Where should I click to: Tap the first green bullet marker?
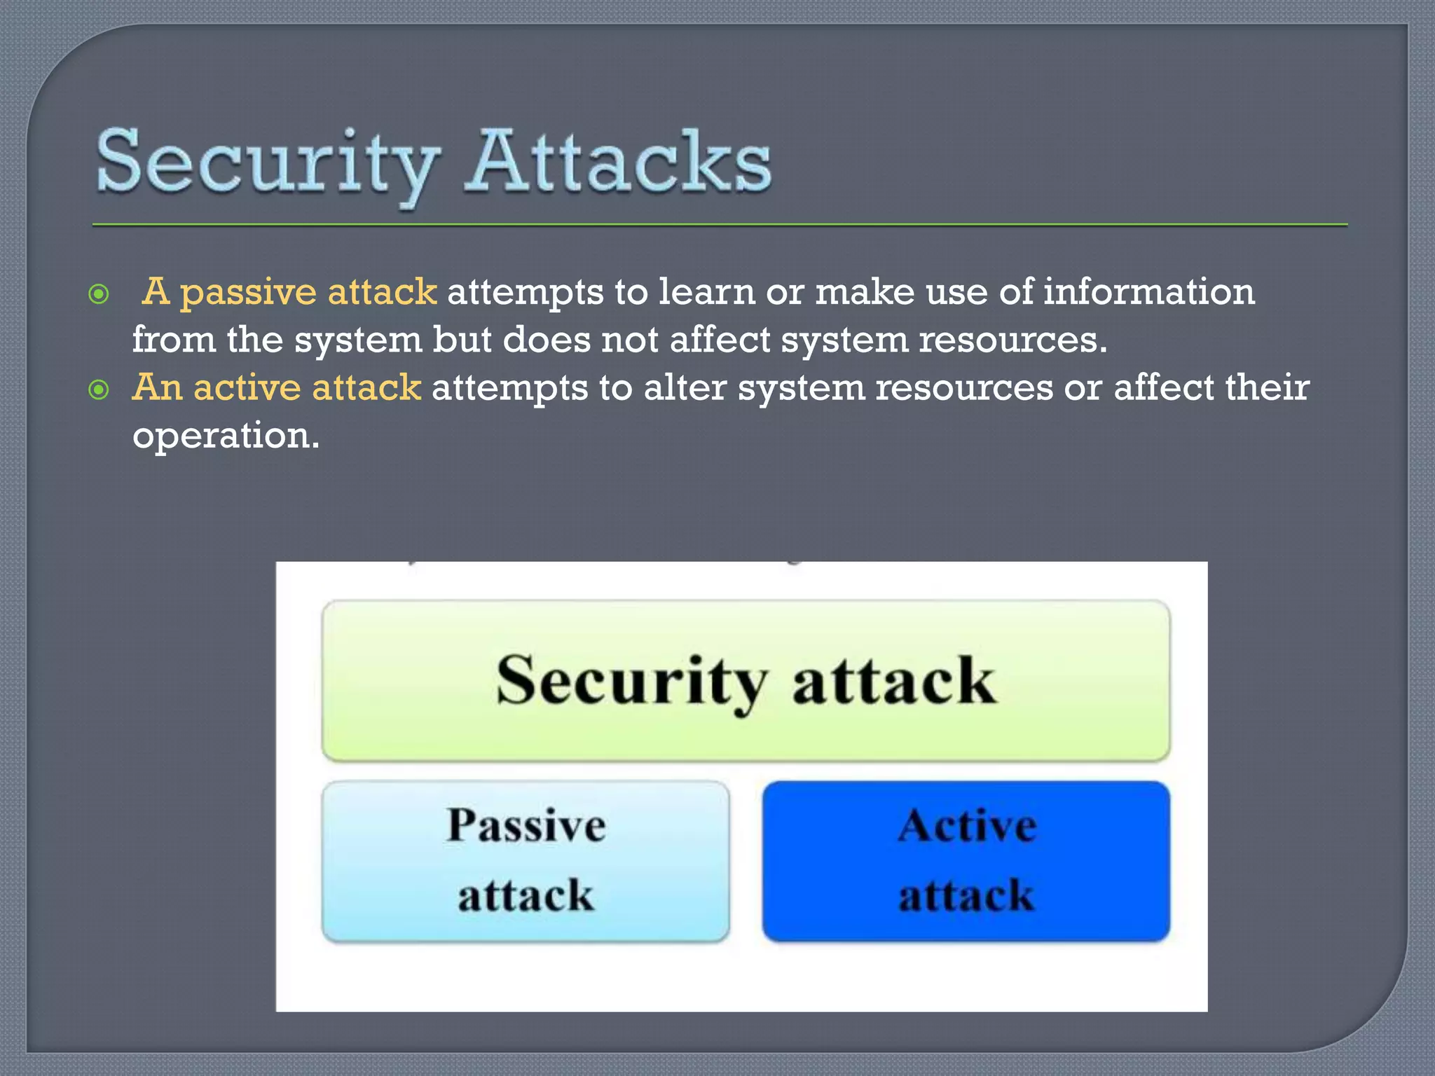pos(99,294)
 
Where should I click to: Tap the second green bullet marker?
pos(99,389)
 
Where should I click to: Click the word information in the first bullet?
pos(1148,291)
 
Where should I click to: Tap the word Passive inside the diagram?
pos(526,826)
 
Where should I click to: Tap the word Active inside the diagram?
pos(967,826)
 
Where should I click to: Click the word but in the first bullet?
pos(462,340)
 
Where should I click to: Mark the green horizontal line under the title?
pos(720,225)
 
